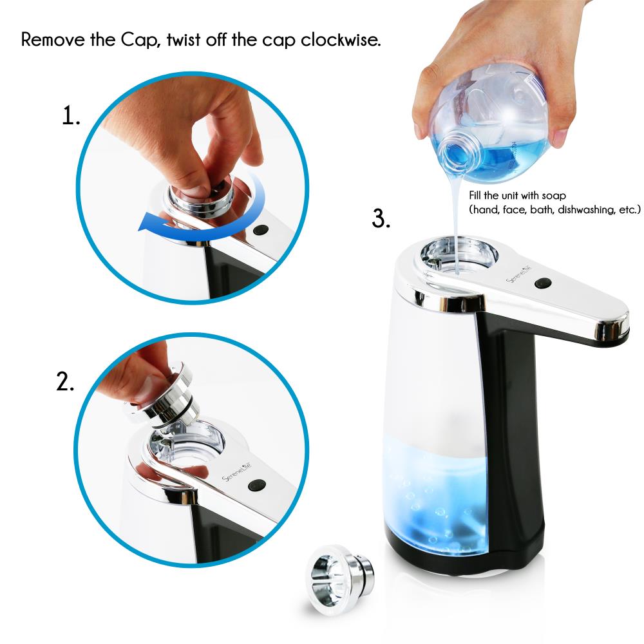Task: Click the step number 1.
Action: (71, 116)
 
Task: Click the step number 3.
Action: (381, 218)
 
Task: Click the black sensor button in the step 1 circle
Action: (260, 229)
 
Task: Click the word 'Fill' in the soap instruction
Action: (477, 194)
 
